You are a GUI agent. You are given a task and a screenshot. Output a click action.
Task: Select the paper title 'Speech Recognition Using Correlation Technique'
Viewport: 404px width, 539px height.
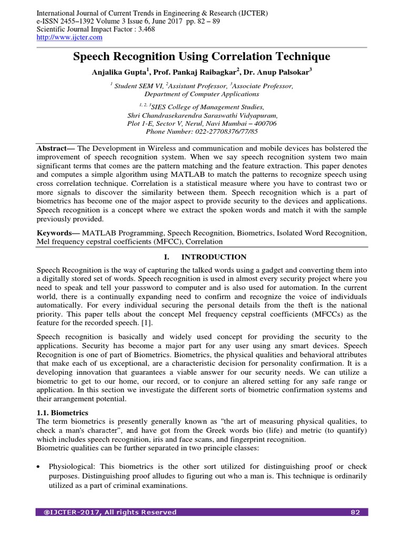(201, 56)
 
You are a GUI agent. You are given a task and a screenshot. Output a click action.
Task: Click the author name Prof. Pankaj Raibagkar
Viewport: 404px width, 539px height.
(198, 73)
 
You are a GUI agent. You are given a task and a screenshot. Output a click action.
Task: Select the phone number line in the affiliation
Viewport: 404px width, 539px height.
(201, 132)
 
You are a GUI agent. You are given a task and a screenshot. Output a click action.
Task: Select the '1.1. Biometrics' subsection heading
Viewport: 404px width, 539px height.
(62, 413)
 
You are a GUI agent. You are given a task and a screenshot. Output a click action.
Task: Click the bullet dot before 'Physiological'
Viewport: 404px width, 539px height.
(39, 467)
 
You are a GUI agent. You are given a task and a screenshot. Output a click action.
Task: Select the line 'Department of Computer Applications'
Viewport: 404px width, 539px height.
(201, 94)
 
